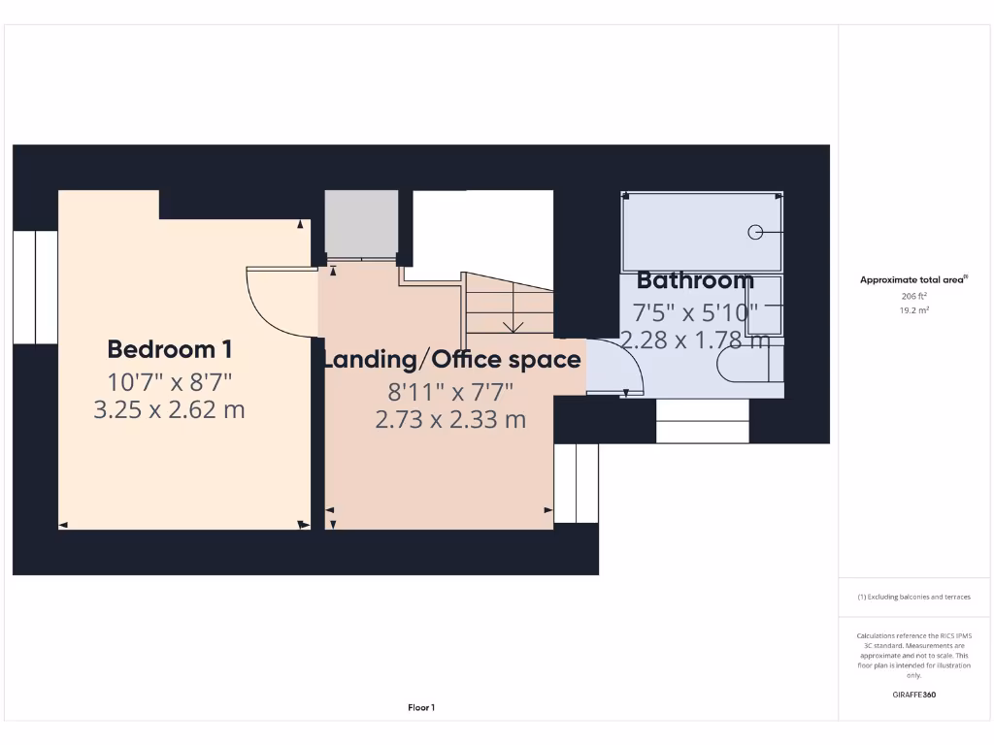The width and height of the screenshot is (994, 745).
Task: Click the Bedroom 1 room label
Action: tap(169, 349)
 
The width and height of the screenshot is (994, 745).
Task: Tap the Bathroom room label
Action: tap(695, 281)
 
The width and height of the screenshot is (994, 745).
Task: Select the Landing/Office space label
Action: tap(452, 360)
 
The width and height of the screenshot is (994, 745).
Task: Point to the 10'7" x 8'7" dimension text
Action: tap(170, 380)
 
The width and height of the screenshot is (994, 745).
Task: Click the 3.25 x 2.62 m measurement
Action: tap(169, 409)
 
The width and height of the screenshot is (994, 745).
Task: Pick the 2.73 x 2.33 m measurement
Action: tap(450, 419)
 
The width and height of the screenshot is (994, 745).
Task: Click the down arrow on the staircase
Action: tap(512, 324)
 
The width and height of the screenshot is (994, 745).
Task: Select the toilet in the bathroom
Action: tap(743, 366)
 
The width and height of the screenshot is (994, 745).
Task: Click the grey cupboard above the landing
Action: tap(361, 223)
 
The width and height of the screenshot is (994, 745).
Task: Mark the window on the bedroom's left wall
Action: tap(35, 287)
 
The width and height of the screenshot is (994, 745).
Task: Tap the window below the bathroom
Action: tap(703, 421)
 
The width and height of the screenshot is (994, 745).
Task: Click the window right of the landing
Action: tap(576, 483)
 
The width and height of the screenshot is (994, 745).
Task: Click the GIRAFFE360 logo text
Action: tap(913, 695)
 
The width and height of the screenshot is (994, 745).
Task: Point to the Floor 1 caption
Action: tap(421, 708)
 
